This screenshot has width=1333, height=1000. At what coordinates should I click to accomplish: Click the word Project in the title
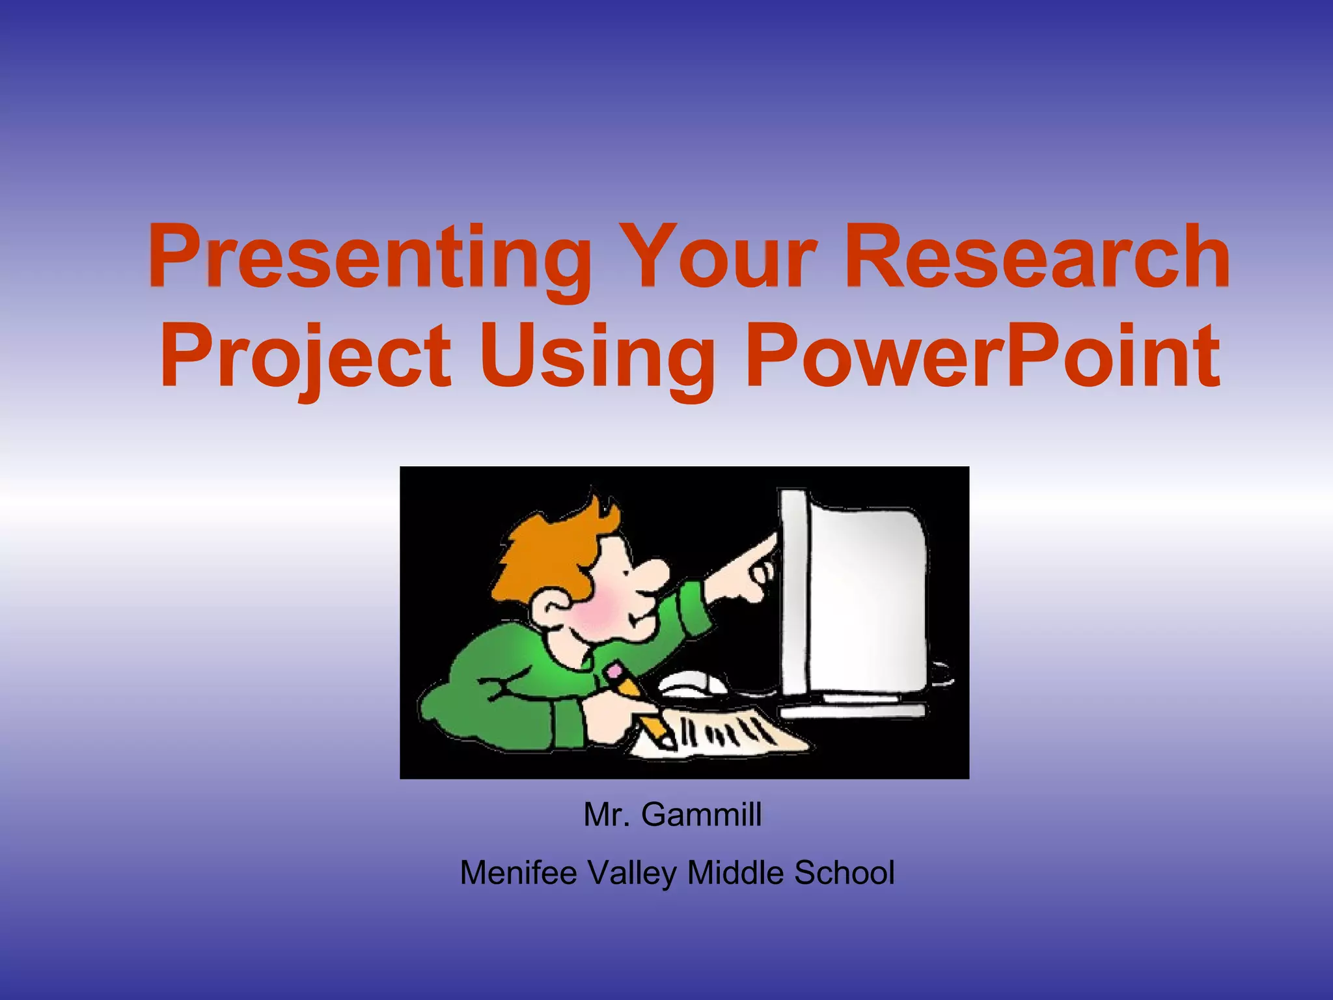click(x=306, y=357)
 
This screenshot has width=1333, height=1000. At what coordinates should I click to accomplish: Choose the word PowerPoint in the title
click(x=983, y=357)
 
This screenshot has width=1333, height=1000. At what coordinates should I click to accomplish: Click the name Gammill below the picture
click(x=701, y=814)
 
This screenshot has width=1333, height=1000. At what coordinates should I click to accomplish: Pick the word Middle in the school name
click(x=735, y=873)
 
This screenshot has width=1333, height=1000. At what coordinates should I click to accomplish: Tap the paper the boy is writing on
click(x=722, y=736)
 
